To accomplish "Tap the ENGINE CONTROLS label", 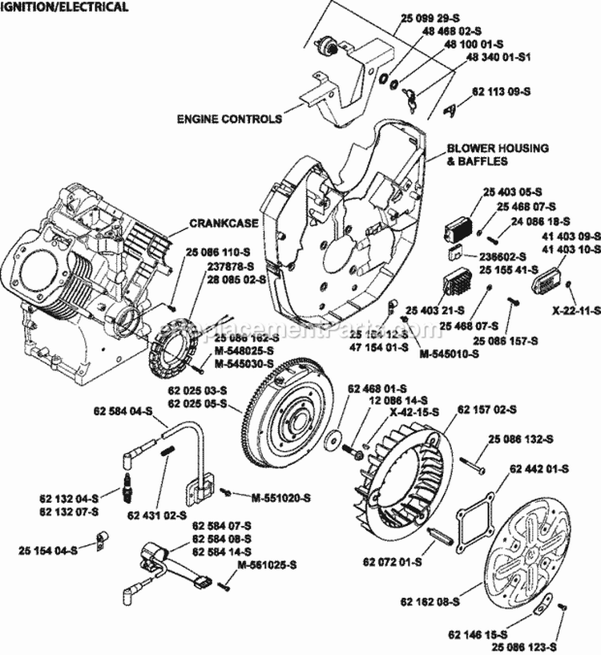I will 229,119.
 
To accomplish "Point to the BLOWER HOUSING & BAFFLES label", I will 498,155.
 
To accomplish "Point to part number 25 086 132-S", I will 539,439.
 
